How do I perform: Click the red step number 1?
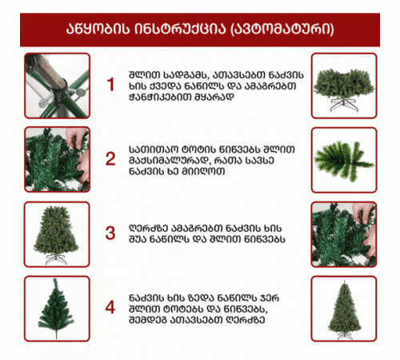pyautogui.click(x=110, y=85)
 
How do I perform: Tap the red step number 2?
pyautogui.click(x=110, y=159)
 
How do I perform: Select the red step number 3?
pyautogui.click(x=110, y=233)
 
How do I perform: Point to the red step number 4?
pyautogui.click(x=110, y=307)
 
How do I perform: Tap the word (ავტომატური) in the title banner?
pyautogui.click(x=282, y=29)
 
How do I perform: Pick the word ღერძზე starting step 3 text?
pyautogui.click(x=149, y=229)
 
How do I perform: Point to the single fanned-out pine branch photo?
pyautogui.click(x=343, y=161)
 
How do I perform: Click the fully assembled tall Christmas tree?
pyautogui.click(x=344, y=310)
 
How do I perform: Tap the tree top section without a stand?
pyautogui.click(x=56, y=308)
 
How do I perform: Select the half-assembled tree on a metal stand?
pyautogui.click(x=56, y=234)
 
